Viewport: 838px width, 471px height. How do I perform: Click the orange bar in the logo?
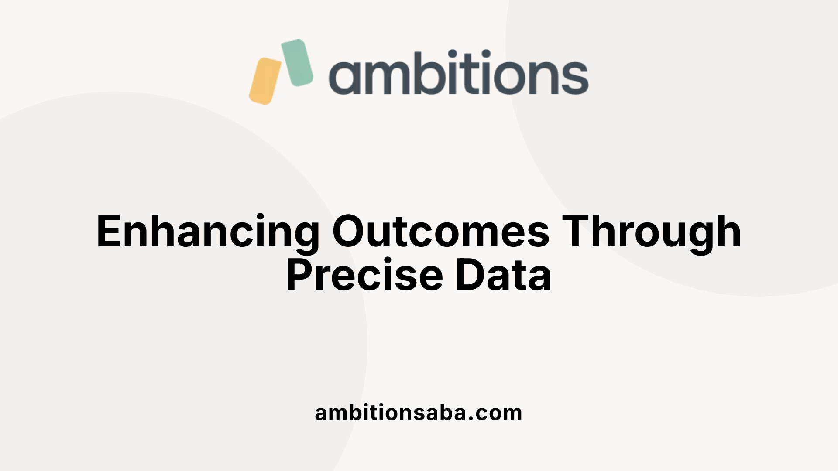pyautogui.click(x=265, y=81)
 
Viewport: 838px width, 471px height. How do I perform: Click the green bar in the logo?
pyautogui.click(x=297, y=62)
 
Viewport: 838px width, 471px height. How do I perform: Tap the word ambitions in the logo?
pyautogui.click(x=458, y=73)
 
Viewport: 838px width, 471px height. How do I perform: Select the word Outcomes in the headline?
pyautogui.click(x=441, y=231)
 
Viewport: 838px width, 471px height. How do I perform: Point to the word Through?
pyautogui.click(x=651, y=232)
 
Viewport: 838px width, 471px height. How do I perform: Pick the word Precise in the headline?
pyautogui.click(x=365, y=276)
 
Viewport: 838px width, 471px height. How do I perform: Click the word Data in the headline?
pyautogui.click(x=503, y=276)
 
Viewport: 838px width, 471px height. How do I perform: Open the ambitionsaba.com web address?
pyautogui.click(x=418, y=413)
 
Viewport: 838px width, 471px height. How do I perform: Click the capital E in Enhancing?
pyautogui.click(x=108, y=231)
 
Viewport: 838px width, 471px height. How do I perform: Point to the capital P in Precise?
pyautogui.click(x=300, y=276)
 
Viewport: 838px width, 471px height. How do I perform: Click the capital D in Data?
pyautogui.click(x=470, y=276)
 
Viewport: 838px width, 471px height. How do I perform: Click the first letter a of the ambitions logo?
pyautogui.click(x=344, y=77)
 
